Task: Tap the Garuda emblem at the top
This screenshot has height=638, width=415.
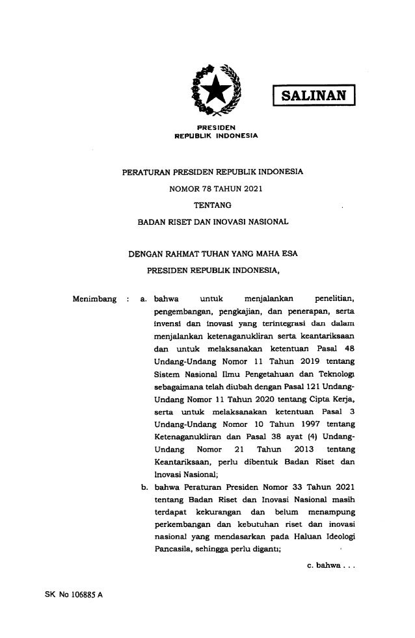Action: point(210,89)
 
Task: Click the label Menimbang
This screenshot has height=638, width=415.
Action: point(94,300)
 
